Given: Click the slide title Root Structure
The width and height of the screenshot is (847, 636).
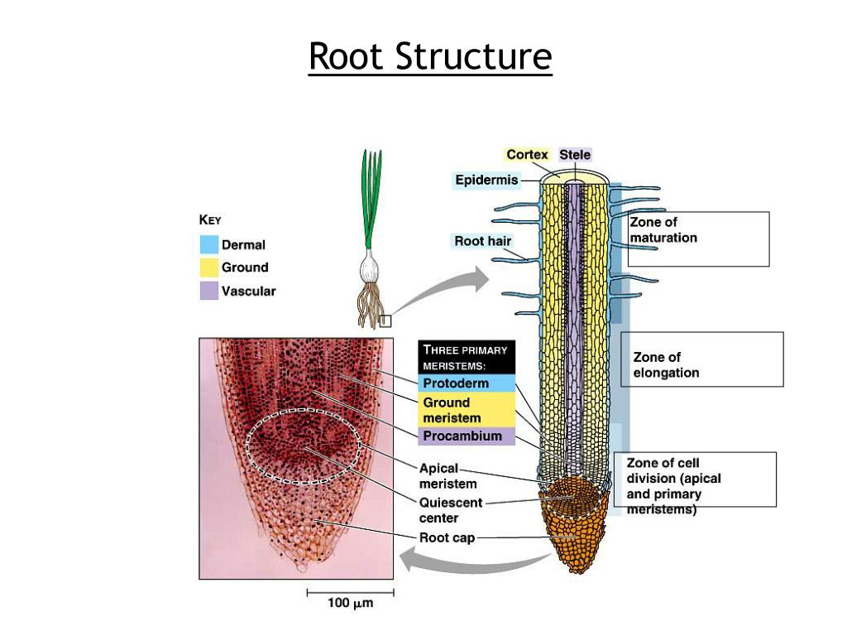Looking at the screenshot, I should pos(430,57).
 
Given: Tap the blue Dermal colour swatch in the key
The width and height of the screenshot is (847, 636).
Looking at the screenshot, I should pos(209,244).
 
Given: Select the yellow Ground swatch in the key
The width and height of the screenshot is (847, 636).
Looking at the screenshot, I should pos(209,267).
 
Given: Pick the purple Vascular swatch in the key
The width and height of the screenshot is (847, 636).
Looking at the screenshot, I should pos(209,291).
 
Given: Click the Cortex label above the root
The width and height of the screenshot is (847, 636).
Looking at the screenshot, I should pos(527,155).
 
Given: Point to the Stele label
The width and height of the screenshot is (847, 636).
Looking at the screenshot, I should pos(575,155).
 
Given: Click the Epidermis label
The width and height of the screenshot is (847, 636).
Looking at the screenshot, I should pos(486,180).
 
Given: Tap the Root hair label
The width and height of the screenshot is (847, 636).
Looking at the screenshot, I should pos(483,241).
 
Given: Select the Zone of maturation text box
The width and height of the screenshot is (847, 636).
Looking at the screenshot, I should pos(698,238).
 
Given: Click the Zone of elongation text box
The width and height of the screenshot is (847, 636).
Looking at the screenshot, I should pos(701,359).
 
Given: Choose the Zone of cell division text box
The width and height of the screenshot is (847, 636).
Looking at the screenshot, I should pos(695,479).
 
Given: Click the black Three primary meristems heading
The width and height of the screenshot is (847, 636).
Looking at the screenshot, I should pos(467,358).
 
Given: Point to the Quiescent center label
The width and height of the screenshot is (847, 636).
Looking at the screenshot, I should pos(450,510).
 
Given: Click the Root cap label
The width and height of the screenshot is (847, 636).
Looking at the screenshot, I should pos(447,538).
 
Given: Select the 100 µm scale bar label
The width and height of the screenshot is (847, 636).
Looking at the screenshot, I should pos(350,604).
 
